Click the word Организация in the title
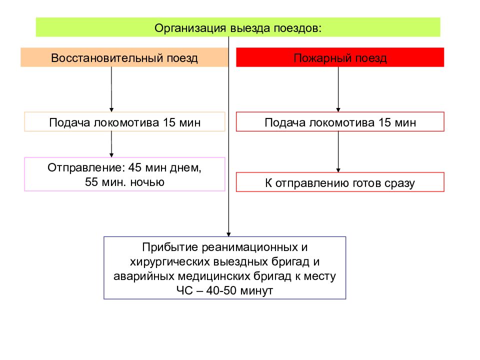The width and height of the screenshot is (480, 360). tap(190, 28)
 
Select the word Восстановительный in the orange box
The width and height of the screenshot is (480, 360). tap(107, 58)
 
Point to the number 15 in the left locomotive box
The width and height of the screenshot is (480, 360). tap(169, 122)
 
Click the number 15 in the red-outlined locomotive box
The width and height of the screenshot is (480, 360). tap(384, 122)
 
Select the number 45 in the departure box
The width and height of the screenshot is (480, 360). tap(135, 167)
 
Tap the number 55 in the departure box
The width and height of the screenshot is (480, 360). tap(91, 182)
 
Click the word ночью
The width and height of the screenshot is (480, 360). tap(147, 182)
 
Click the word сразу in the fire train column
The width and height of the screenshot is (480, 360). tap(399, 183)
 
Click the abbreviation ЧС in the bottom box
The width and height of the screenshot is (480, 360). tap(184, 290)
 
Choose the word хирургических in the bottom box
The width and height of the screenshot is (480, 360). tap(169, 261)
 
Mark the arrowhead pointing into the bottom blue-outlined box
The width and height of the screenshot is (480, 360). tap(228, 234)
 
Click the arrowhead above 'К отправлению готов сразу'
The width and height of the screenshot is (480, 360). tap(338, 170)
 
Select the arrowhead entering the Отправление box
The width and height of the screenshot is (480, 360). tap(111, 155)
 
